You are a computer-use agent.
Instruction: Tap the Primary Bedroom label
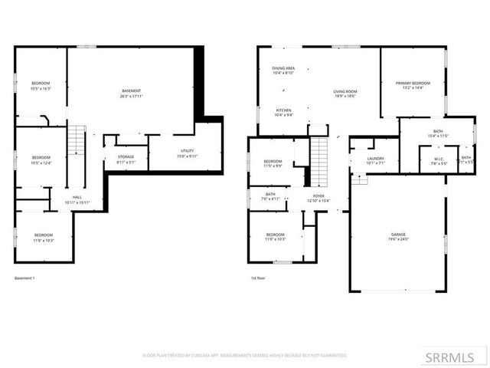[x=413, y=85]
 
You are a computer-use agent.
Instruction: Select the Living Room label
[x=345, y=94]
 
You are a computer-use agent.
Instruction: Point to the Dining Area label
[x=283, y=71]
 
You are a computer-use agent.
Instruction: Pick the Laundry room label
[x=375, y=160]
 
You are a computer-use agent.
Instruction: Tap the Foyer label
[x=318, y=199]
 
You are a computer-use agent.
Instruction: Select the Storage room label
[x=126, y=159]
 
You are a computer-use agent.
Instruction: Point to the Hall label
[x=77, y=199]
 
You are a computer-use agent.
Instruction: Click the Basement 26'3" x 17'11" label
[x=131, y=94]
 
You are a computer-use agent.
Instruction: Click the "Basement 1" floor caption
[x=25, y=278]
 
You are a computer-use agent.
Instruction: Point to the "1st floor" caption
[x=258, y=278]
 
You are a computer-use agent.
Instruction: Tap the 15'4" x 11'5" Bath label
[x=438, y=133]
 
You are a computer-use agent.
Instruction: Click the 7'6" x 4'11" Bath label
[x=270, y=196]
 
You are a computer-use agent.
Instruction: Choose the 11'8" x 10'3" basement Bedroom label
[x=43, y=237]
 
